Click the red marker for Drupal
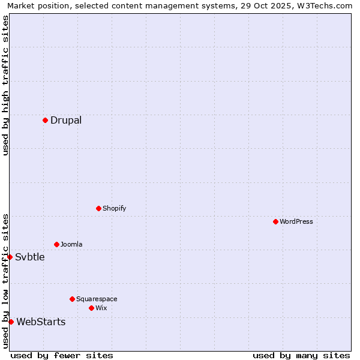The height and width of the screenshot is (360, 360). pyautogui.click(x=45, y=120)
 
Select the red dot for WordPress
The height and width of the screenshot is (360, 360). pyautogui.click(x=275, y=221)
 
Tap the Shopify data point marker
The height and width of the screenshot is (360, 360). pyautogui.click(x=98, y=208)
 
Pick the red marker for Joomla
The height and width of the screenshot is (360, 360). pyautogui.click(x=56, y=244)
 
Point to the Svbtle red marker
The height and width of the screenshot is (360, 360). pyautogui.click(x=10, y=257)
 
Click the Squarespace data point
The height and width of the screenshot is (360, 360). pyautogui.click(x=72, y=299)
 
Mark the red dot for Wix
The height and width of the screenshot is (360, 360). pyautogui.click(x=91, y=308)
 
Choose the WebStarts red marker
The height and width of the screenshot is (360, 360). pyautogui.click(x=11, y=322)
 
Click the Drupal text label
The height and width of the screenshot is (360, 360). pyautogui.click(x=66, y=120)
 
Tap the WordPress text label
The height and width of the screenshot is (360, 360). pyautogui.click(x=296, y=221)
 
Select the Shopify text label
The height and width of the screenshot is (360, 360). pyautogui.click(x=115, y=208)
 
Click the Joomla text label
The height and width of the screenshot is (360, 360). pyautogui.click(x=71, y=244)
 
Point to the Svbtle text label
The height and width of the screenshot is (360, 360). pyautogui.click(x=30, y=257)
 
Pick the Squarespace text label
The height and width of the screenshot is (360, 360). pyautogui.click(x=97, y=299)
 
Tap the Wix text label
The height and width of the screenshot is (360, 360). pyautogui.click(x=101, y=308)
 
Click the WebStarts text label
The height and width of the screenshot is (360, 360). pyautogui.click(x=41, y=322)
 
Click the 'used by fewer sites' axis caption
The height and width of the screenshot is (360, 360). pyautogui.click(x=62, y=355)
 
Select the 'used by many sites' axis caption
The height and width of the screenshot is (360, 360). pyautogui.click(x=301, y=355)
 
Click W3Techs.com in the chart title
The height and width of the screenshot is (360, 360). pyautogui.click(x=327, y=5)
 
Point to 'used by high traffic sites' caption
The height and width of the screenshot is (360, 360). pyautogui.click(x=5, y=85)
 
